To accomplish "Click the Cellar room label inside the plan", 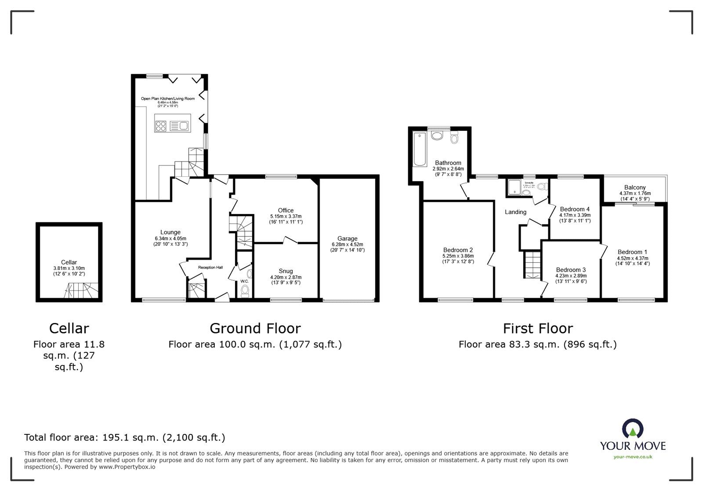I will click(x=69, y=262).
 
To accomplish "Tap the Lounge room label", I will click(x=170, y=232).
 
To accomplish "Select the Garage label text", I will click(x=347, y=239).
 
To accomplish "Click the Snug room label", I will click(x=286, y=271).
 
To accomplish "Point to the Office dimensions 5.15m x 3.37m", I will click(x=286, y=216).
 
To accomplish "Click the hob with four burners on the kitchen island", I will click(x=161, y=126).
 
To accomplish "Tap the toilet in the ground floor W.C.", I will click(x=245, y=291).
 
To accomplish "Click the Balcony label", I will click(x=635, y=187).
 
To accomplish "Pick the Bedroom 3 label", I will click(x=571, y=269).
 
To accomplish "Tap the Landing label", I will click(x=515, y=212).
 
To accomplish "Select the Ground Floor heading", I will click(x=255, y=328).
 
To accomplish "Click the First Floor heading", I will click(x=538, y=328).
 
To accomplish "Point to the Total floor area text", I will click(x=124, y=437).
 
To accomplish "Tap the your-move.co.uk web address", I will click(x=633, y=457).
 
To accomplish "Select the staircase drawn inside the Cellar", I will click(x=81, y=290).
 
